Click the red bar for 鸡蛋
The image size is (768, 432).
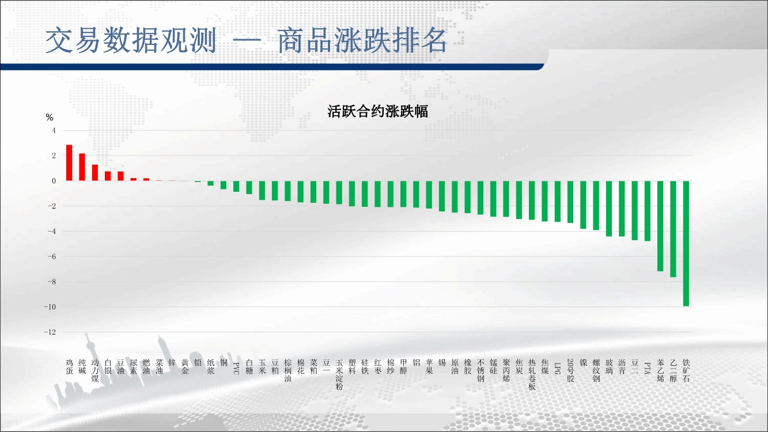69,162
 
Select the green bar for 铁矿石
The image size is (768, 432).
686,244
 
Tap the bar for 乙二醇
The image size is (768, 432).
673,229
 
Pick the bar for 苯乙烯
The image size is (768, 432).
660,226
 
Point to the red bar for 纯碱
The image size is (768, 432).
82,167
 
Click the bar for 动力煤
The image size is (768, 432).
95,172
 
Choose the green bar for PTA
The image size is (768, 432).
648,211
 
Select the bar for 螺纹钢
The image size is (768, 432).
596,206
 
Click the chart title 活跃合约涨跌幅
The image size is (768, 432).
377,112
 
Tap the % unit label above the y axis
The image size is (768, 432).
50,118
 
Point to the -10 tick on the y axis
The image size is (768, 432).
50,307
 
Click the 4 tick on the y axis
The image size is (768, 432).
54,130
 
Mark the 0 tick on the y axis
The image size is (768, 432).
54,181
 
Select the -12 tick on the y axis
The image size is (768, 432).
50,332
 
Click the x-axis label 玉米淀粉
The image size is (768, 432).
339,374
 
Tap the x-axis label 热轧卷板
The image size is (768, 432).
532,374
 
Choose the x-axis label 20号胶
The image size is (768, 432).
570,370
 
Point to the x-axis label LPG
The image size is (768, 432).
558,368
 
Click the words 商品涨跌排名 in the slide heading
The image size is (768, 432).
362,41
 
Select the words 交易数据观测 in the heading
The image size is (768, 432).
131,41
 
